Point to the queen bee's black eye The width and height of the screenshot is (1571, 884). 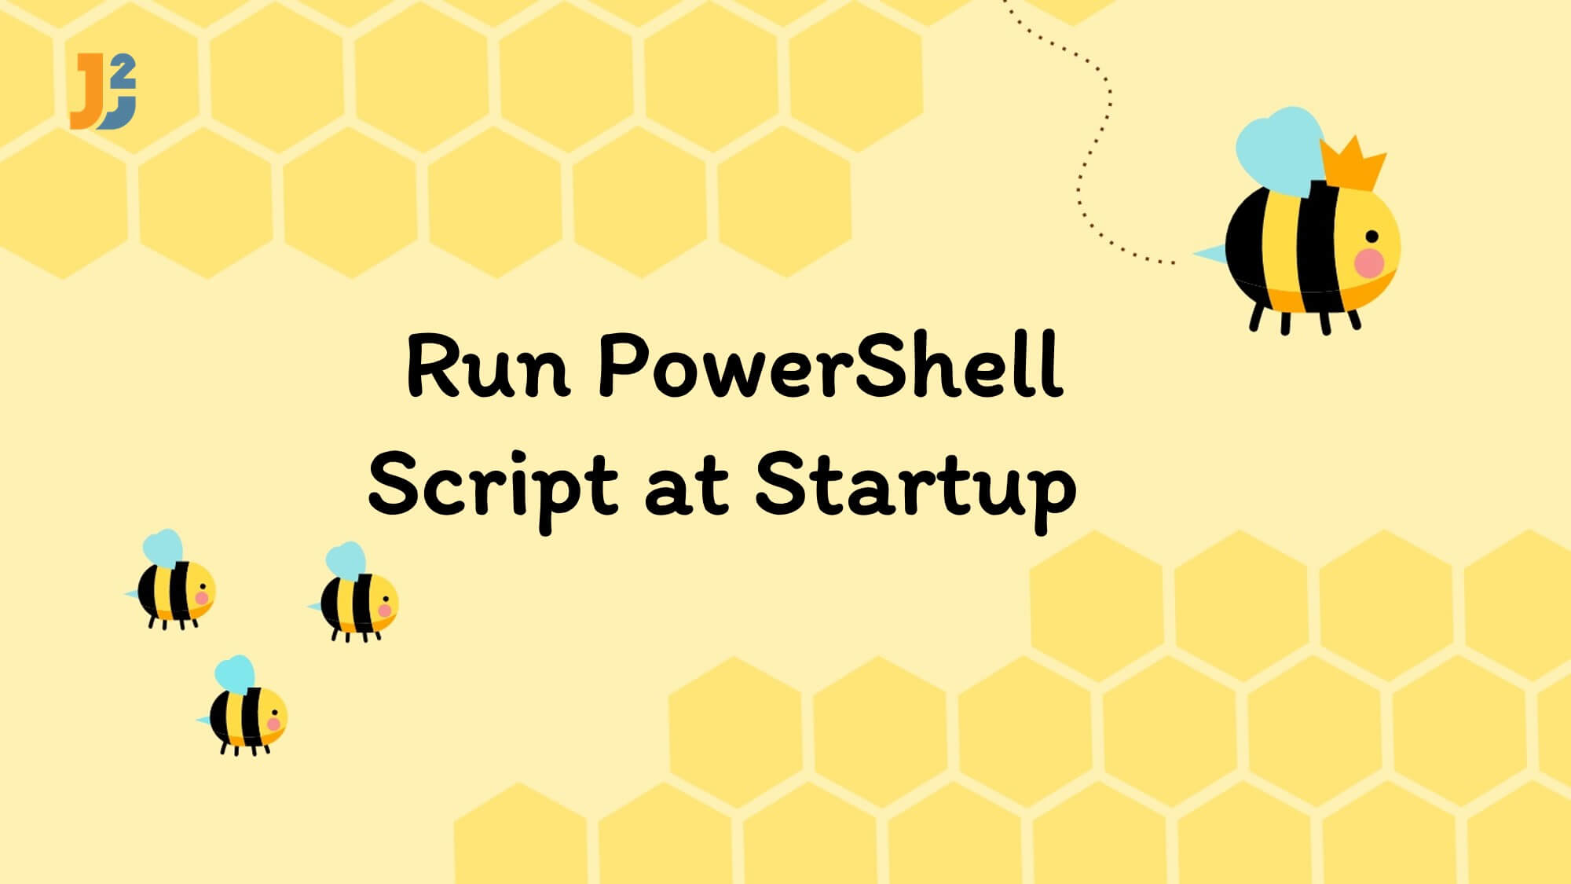pyautogui.click(x=1371, y=237)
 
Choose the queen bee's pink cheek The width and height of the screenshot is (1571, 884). pyautogui.click(x=1369, y=262)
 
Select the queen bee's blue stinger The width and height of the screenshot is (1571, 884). pyautogui.click(x=1210, y=252)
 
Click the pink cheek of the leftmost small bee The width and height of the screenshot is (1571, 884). pyautogui.click(x=202, y=598)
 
